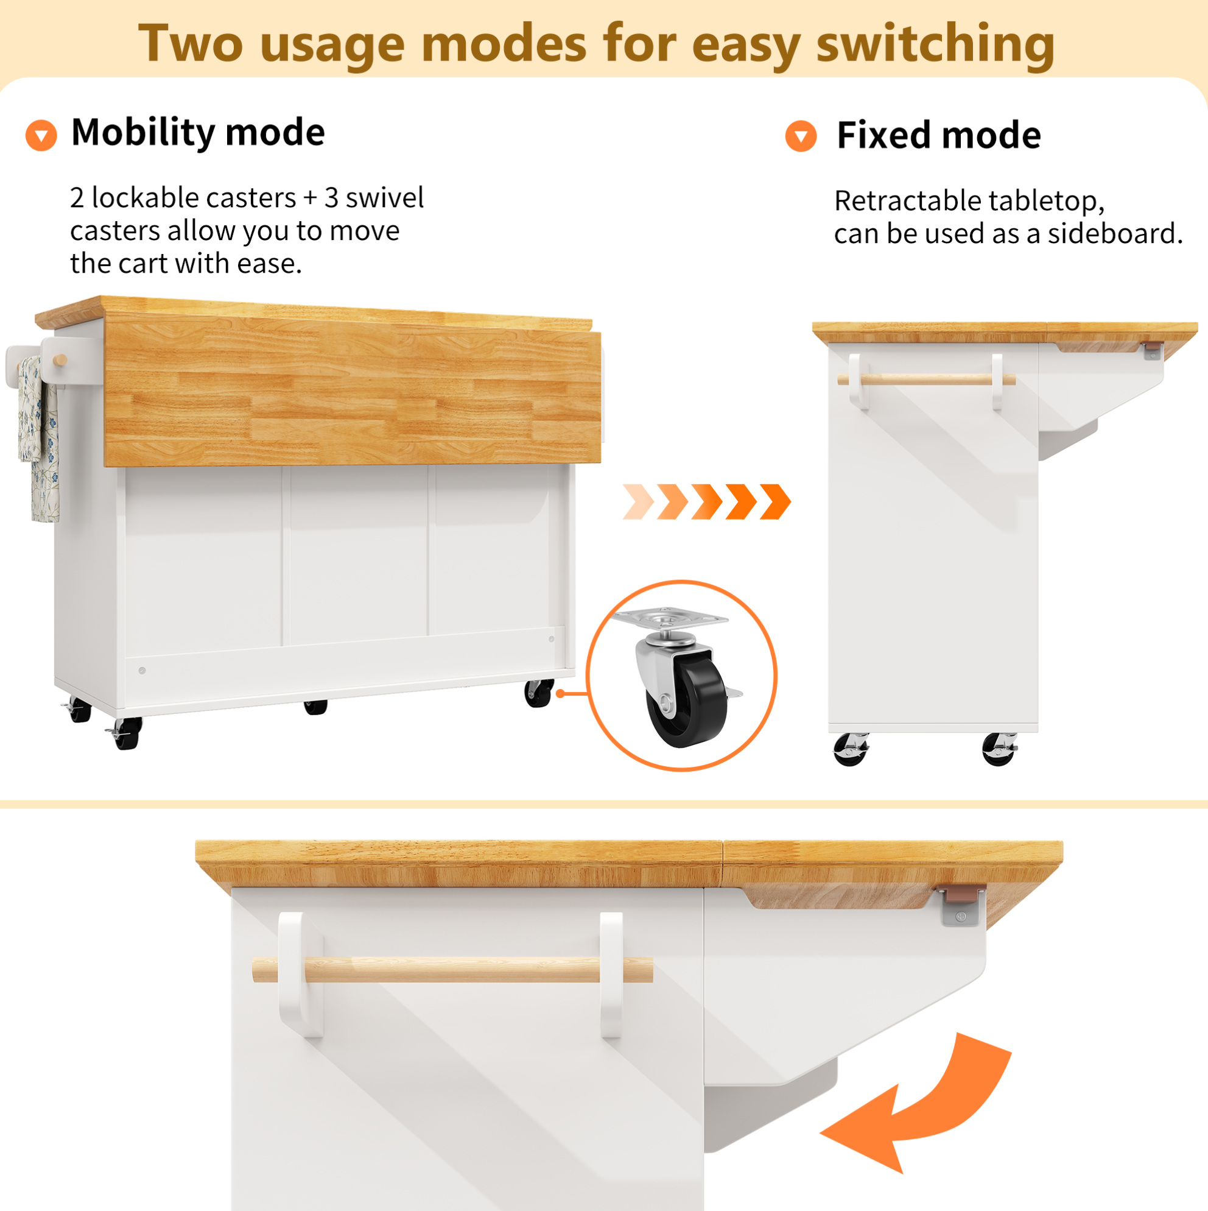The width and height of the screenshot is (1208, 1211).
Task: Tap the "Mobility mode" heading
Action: click(198, 133)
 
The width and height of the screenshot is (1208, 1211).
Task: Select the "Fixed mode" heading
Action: click(939, 135)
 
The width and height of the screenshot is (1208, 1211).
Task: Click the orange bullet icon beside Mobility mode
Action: click(41, 135)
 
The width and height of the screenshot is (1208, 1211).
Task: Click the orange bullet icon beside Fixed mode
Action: click(801, 136)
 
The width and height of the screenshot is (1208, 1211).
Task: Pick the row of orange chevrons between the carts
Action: click(706, 501)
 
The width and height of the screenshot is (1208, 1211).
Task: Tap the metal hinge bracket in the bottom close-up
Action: click(963, 905)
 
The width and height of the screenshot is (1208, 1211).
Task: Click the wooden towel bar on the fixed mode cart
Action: click(926, 380)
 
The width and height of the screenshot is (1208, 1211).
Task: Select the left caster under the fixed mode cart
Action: click(851, 749)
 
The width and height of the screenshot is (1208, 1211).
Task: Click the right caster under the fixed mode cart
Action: click(999, 749)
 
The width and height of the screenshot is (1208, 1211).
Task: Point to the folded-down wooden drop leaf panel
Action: click(353, 392)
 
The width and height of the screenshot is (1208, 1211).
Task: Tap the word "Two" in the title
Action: click(191, 44)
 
